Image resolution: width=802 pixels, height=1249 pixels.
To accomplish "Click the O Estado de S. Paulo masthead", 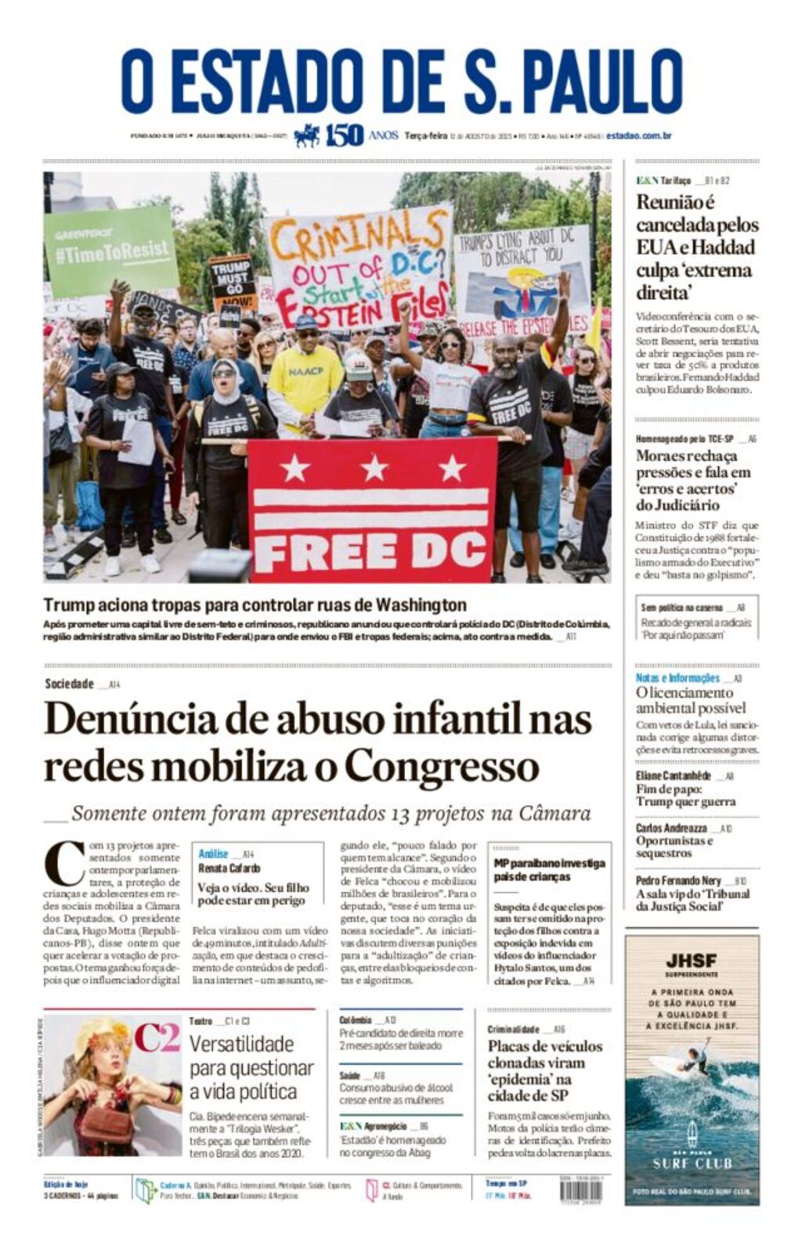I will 401,81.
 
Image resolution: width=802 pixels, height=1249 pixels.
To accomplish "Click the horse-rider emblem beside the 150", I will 308,135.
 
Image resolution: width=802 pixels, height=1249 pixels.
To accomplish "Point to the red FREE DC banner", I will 372,509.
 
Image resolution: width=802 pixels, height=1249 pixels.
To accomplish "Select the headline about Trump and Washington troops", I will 255,605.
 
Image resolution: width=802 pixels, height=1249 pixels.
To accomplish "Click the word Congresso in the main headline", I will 442,766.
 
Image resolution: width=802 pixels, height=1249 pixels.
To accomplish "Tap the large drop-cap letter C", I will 64,865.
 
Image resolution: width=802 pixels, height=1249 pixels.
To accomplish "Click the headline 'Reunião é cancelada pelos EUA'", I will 696,247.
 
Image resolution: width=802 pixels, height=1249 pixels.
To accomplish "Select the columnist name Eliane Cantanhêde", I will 673,775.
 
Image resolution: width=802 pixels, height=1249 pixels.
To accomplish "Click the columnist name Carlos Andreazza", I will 671,828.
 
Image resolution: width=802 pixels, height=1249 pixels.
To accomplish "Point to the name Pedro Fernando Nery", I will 677,880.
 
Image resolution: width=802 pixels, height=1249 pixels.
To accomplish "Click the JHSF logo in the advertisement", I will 692,961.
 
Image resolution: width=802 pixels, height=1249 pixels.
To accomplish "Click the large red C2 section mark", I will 157,1037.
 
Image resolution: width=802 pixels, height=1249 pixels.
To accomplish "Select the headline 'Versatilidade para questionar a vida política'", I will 251,1067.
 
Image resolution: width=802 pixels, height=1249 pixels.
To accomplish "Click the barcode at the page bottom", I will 581,1190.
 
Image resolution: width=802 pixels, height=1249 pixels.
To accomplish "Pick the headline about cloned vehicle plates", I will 546,1070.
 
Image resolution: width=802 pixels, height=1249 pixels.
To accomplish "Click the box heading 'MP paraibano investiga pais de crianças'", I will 549,869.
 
